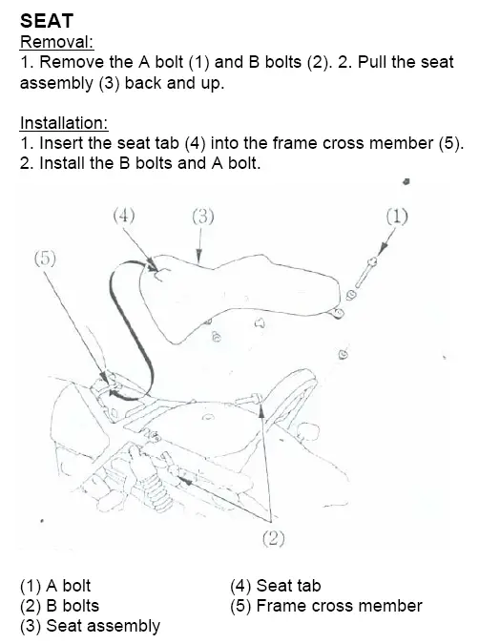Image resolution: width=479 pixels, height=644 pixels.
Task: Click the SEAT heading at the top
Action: tap(47, 21)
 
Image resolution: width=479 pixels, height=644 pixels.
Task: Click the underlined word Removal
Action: tap(56, 42)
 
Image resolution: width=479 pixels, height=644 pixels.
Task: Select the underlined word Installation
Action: tap(64, 123)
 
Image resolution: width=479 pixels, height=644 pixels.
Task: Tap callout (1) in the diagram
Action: tap(397, 216)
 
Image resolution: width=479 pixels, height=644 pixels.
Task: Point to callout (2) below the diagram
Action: tap(273, 538)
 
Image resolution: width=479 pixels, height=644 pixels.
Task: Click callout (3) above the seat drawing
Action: tap(203, 216)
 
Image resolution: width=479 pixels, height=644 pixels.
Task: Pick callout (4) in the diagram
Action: tap(124, 216)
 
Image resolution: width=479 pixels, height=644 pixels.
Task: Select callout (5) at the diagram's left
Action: tap(45, 259)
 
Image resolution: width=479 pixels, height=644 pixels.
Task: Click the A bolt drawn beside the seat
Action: tap(364, 273)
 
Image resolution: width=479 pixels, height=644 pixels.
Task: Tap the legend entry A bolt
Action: tap(55, 586)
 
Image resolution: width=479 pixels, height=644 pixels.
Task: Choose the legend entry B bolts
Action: tap(59, 606)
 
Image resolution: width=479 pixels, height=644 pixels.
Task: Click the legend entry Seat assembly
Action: tap(90, 626)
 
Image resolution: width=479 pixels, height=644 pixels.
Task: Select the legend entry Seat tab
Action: tap(276, 586)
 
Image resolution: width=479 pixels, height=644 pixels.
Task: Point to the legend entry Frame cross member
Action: tap(326, 606)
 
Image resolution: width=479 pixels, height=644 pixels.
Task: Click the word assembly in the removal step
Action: tap(56, 83)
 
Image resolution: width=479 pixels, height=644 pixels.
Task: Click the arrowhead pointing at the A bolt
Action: tap(383, 248)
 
